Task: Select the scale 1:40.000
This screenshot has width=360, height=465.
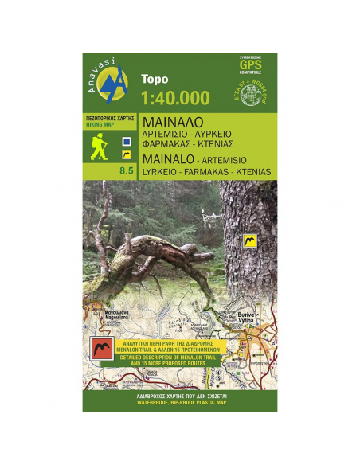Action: pos(174,98)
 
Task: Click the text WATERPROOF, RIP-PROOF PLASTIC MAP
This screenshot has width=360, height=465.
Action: pos(179,399)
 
